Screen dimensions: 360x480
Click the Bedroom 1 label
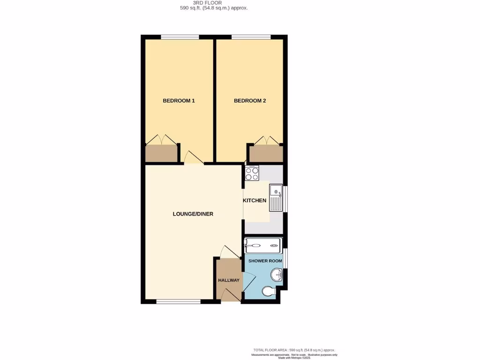click(x=179, y=101)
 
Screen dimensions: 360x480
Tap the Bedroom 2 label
click(x=250, y=101)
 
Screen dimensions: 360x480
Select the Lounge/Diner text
click(x=193, y=214)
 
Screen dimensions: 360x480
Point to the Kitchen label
click(x=255, y=201)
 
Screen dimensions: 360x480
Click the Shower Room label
click(x=265, y=261)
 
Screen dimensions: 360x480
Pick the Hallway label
click(x=229, y=280)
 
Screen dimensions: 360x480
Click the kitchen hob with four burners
click(x=252, y=173)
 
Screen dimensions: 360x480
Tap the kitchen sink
click(x=275, y=197)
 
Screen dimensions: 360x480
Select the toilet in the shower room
click(x=269, y=292)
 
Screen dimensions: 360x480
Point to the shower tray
click(x=262, y=245)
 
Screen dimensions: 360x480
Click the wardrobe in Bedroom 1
click(x=162, y=153)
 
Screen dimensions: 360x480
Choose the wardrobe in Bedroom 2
click(x=266, y=153)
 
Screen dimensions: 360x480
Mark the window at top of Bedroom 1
click(x=180, y=37)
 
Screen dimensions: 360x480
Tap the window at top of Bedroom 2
click(x=251, y=37)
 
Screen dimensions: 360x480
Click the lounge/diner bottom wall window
click(x=178, y=301)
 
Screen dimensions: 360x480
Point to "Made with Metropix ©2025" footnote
click(x=294, y=358)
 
